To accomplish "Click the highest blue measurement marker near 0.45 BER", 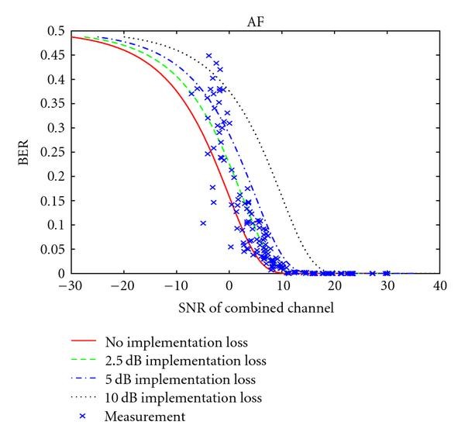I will point(209,56).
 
